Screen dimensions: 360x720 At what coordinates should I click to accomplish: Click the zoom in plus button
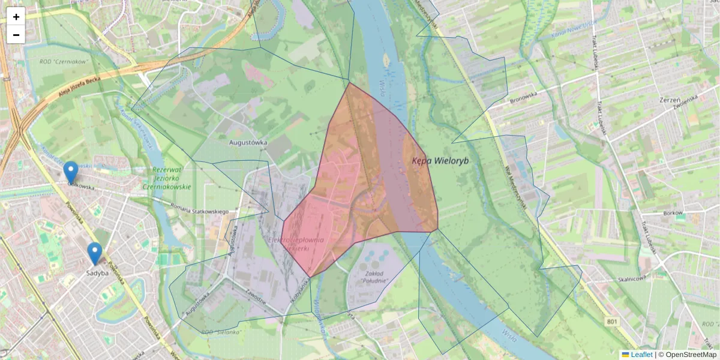pyautogui.click(x=16, y=17)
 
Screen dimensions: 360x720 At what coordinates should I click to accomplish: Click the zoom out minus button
pyautogui.click(x=16, y=35)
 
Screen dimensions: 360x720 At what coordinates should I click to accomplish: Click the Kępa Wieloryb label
pyautogui.click(x=440, y=161)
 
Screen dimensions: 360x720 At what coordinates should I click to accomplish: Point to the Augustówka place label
pyautogui.click(x=248, y=143)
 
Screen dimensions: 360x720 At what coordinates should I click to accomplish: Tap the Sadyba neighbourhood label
pyautogui.click(x=97, y=273)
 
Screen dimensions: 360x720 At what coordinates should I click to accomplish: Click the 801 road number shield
pyautogui.click(x=612, y=322)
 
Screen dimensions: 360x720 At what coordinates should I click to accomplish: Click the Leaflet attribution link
pyautogui.click(x=641, y=355)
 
